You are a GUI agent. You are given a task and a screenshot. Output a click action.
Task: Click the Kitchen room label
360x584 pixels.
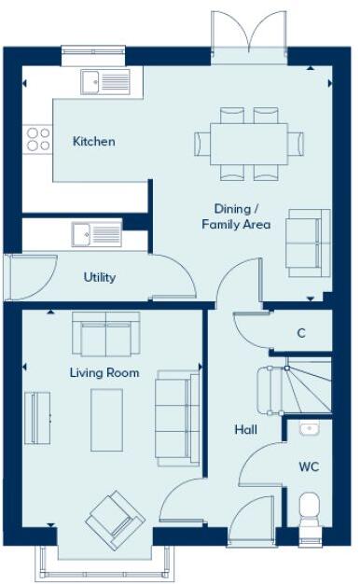click(94, 142)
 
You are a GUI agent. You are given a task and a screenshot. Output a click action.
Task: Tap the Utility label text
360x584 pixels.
click(99, 277)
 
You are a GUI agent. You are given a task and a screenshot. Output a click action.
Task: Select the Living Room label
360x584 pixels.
click(104, 373)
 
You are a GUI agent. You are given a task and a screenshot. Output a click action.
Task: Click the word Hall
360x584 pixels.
click(245, 430)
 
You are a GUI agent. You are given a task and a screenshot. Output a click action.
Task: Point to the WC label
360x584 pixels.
click(309, 466)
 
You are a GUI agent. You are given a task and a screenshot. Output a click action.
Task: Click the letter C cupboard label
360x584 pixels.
click(300, 333)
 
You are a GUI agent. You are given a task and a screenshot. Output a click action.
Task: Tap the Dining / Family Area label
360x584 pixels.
click(236, 216)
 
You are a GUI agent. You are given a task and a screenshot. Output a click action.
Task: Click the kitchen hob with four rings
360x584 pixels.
click(38, 139)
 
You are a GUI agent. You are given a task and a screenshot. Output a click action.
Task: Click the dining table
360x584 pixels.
click(249, 143)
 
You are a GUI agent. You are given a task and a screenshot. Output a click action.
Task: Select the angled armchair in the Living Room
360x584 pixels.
click(115, 520)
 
